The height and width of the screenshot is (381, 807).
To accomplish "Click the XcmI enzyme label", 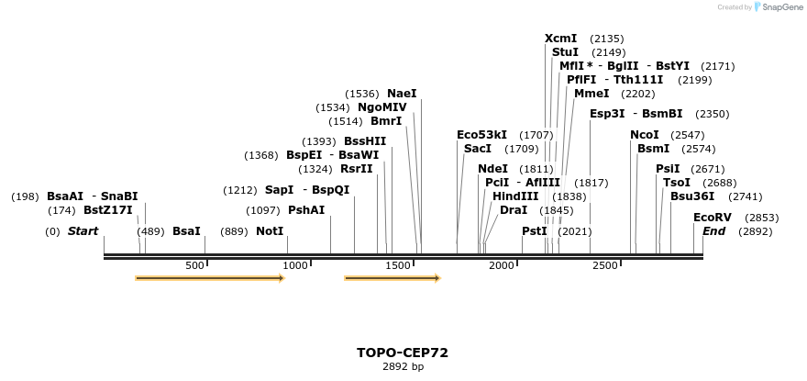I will (560, 39).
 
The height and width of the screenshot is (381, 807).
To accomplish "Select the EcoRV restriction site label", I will (712, 218).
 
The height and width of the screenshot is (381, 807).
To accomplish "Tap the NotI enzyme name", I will (270, 231).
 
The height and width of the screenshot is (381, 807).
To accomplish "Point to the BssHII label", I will (365, 141).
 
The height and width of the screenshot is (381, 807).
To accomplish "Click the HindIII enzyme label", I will (515, 196).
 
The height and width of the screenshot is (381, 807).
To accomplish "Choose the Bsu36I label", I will (691, 196).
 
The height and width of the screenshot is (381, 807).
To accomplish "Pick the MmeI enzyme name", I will (591, 94).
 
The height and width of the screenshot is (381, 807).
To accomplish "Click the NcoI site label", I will (644, 135).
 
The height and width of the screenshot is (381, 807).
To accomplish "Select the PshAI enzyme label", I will (306, 210).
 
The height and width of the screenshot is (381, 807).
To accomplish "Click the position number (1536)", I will (362, 94).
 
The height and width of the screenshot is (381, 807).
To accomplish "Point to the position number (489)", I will (150, 231).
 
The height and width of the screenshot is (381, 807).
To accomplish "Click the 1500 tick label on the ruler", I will (398, 266).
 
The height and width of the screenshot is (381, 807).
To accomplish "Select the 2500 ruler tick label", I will (605, 266).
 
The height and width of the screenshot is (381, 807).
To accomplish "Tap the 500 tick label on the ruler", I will (194, 266).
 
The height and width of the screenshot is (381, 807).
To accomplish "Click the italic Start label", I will (83, 231).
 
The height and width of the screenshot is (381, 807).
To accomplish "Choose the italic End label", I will (713, 231).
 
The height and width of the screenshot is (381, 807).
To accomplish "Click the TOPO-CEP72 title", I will (403, 353).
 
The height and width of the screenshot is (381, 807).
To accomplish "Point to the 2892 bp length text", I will (403, 367).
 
